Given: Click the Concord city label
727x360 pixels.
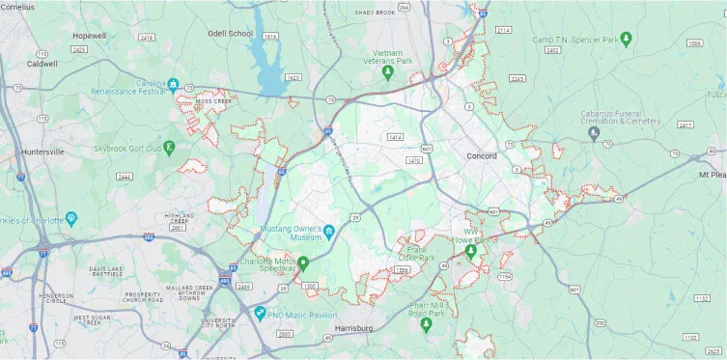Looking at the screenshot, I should (x=481, y=156).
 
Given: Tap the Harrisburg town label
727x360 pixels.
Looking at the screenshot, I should (x=352, y=329).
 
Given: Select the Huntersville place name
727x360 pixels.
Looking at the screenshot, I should (x=42, y=152).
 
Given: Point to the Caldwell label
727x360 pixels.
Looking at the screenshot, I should (x=42, y=64).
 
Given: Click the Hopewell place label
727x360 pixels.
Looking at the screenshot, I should (x=89, y=36).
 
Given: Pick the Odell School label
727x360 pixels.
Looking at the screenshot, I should (x=230, y=34).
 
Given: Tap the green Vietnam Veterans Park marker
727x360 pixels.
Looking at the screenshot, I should (x=388, y=72).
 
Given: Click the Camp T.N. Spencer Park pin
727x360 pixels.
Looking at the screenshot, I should (x=626, y=40).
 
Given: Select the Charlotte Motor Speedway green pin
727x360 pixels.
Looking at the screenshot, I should (x=303, y=263).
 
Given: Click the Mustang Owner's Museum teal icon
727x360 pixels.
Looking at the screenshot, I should (x=328, y=231).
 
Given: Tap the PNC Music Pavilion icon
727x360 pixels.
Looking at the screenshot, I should (x=259, y=313).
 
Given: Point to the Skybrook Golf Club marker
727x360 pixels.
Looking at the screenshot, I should (x=169, y=148).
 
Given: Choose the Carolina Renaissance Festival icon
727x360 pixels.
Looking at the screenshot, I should (x=173, y=85).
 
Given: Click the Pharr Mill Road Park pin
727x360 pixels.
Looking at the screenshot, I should (x=426, y=324).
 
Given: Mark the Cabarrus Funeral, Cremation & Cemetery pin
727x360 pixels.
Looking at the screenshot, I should (x=594, y=134).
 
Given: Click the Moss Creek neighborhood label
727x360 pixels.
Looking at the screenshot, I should (x=212, y=100).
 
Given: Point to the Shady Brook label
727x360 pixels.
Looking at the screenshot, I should (x=376, y=13).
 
